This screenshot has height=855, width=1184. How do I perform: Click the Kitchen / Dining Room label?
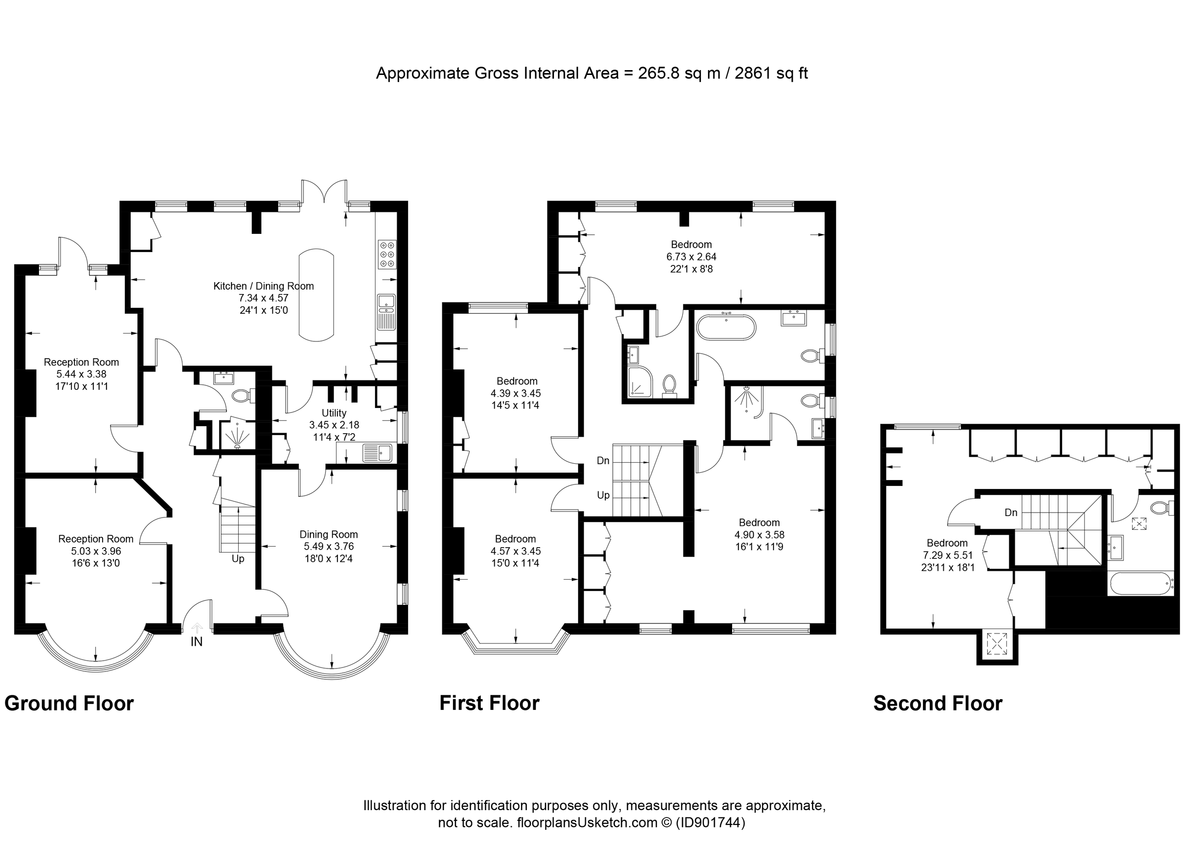click(x=263, y=286)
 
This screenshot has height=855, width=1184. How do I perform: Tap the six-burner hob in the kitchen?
click(x=387, y=254)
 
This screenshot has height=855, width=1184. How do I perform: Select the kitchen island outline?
click(x=316, y=295)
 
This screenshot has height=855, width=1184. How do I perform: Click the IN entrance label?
click(x=196, y=642)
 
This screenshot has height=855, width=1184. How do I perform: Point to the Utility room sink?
click(x=377, y=452)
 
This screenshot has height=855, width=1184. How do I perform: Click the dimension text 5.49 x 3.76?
click(x=329, y=547)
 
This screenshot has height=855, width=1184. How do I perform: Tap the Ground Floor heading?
click(x=69, y=704)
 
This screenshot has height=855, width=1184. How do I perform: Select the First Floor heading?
click(x=489, y=704)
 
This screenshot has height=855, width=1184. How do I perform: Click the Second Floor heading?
click(x=938, y=704)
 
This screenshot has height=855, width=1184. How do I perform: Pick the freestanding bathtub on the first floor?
click(x=726, y=327)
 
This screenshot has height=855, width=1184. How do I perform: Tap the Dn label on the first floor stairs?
click(x=603, y=460)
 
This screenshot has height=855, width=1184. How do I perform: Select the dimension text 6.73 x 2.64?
click(x=691, y=257)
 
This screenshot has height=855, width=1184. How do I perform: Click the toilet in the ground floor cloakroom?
click(x=241, y=396)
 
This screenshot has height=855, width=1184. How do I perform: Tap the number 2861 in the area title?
click(x=753, y=73)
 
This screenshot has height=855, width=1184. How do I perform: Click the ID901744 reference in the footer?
click(x=710, y=822)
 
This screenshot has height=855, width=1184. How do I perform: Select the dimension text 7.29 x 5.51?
click(x=947, y=556)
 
